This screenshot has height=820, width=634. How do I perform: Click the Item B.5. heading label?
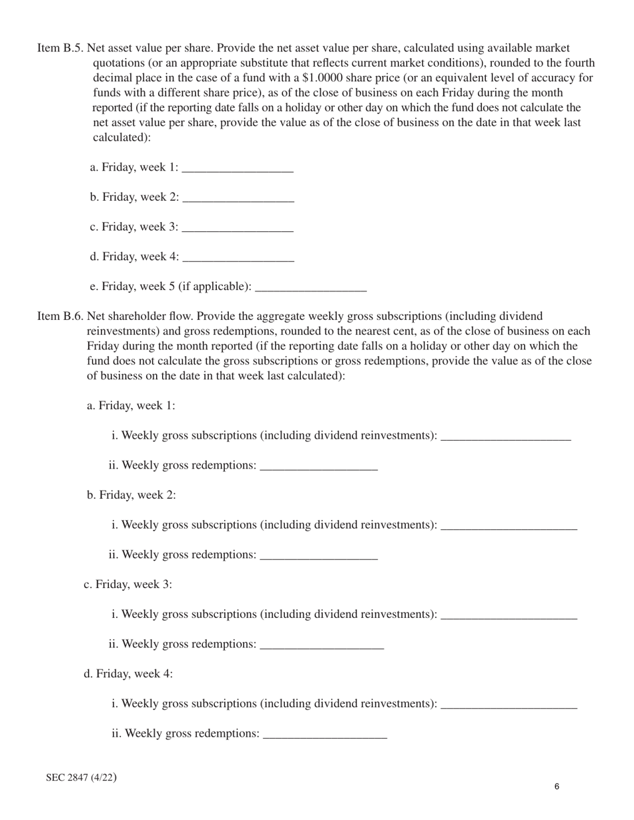[61, 48]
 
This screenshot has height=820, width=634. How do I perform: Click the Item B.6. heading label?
[61, 316]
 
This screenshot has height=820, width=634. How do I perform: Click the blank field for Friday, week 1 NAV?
[238, 168]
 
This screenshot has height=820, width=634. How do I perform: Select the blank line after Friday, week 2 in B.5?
[238, 198]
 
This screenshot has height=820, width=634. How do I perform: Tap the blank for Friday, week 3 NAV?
[238, 227]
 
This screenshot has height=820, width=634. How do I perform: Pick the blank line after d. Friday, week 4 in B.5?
[238, 257]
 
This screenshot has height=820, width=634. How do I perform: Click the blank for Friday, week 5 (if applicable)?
[311, 287]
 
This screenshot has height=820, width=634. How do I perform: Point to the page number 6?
[557, 787]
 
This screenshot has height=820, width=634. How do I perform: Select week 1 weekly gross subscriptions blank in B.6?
[506, 436]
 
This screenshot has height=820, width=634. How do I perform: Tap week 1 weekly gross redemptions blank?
[318, 466]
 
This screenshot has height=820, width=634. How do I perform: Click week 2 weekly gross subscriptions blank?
[509, 525]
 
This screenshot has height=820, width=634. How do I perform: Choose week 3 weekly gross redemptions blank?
[322, 645]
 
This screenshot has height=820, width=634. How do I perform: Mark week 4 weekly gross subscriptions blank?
[509, 704]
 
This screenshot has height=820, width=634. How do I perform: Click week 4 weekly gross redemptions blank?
[325, 734]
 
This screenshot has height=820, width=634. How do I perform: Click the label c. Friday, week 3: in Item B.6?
[127, 585]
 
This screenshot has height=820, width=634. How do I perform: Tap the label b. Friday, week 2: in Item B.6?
[131, 495]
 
